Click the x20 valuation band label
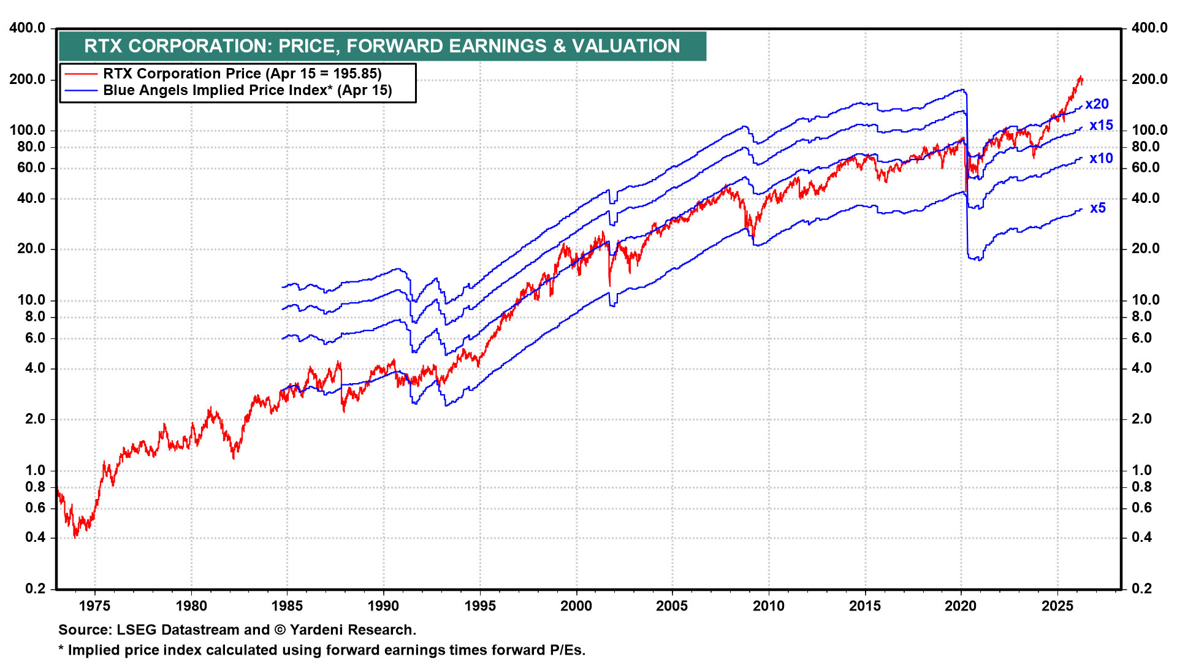[1097, 104]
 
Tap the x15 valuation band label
[1101, 126]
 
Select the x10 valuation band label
[1101, 159]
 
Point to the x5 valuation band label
[1098, 208]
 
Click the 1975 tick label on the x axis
[95, 606]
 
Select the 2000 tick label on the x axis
[576, 606]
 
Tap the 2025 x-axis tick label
[1057, 606]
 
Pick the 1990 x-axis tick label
[384, 606]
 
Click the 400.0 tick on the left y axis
[28, 28]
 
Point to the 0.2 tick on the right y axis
[1141, 588]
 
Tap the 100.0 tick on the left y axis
[28, 130]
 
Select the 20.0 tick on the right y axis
[1145, 248]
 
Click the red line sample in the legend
[81, 74]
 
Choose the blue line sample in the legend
[81, 91]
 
